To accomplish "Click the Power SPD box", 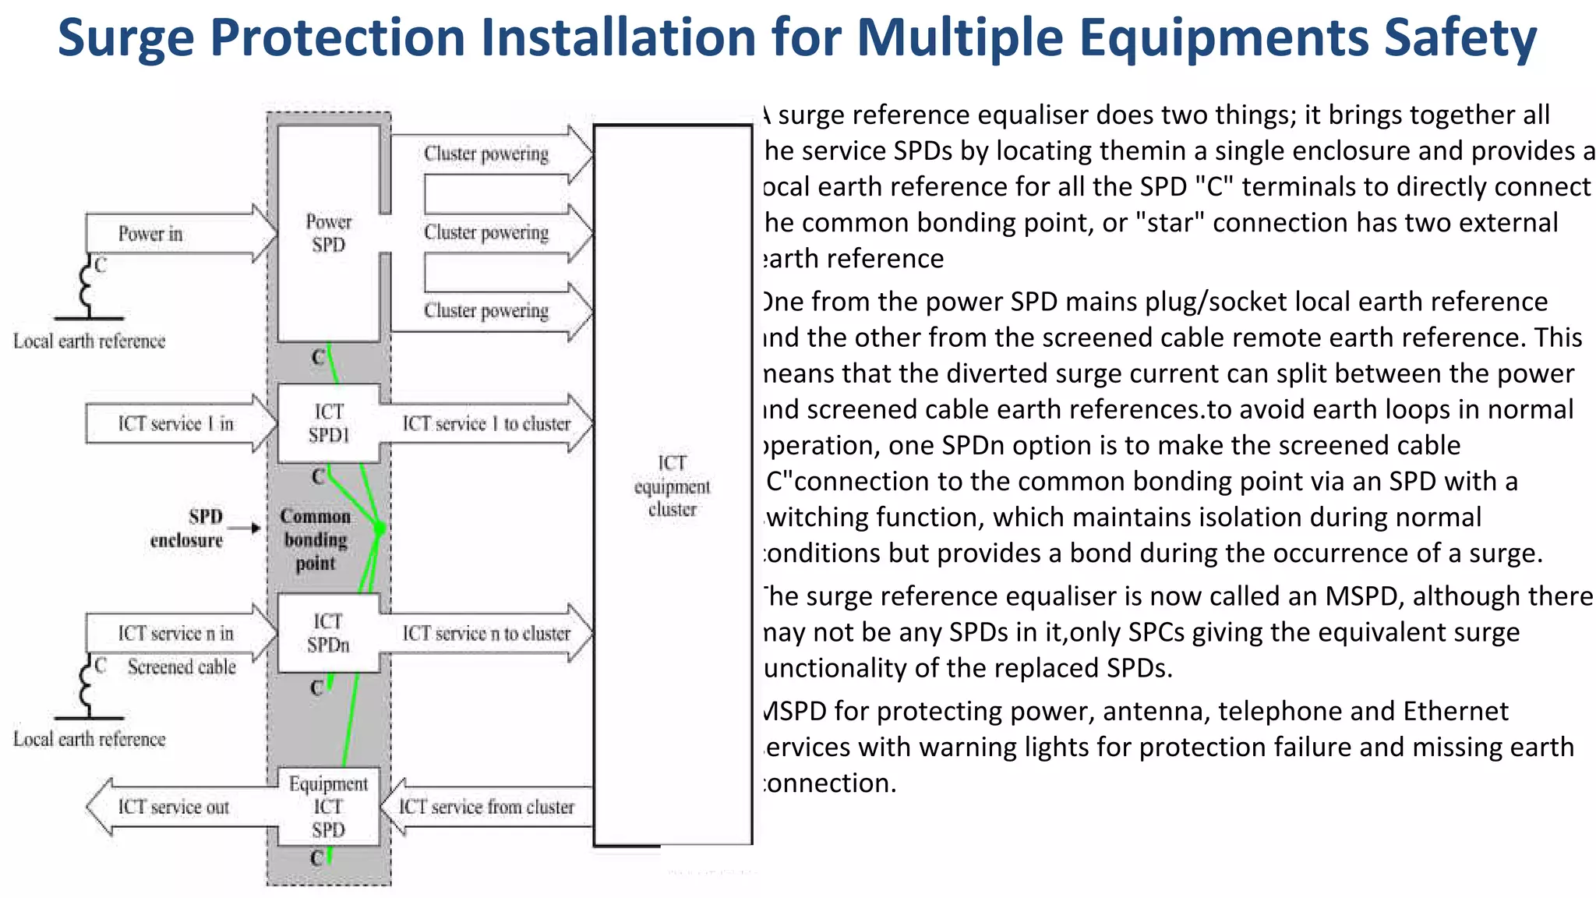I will pyautogui.click(x=328, y=233).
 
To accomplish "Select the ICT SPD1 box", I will pyautogui.click(x=328, y=423).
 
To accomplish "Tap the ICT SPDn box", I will pyautogui.click(x=328, y=633).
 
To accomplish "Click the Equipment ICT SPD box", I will pyautogui.click(x=328, y=807).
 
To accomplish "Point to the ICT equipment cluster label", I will pyautogui.click(x=672, y=486).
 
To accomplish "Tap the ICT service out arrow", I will pyautogui.click(x=175, y=807).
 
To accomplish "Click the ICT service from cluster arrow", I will pyautogui.click(x=485, y=807).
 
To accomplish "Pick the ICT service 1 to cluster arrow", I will pyautogui.click(x=486, y=423).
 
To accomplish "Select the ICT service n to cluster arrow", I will pyautogui.click(x=486, y=633).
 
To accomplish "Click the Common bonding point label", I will pyautogui.click(x=316, y=539).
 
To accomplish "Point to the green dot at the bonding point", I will pyautogui.click(x=380, y=529).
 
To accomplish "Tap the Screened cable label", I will pyautogui.click(x=182, y=667).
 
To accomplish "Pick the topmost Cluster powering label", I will pyautogui.click(x=486, y=154).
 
